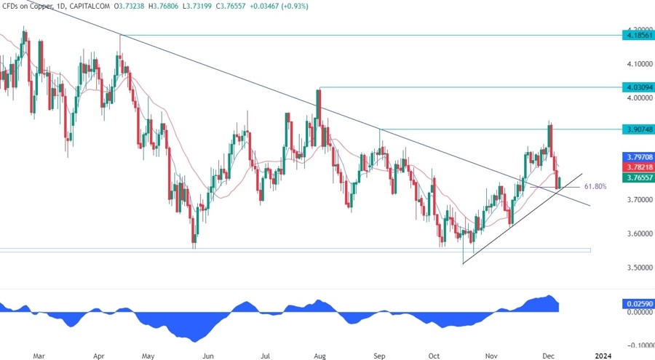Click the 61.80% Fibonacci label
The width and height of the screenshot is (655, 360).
pyautogui.click(x=595, y=187)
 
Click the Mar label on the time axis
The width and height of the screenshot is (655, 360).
pyautogui.click(x=39, y=356)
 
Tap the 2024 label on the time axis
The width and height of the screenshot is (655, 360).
pyautogui.click(x=603, y=356)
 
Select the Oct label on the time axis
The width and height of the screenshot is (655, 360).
pyautogui.click(x=434, y=356)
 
